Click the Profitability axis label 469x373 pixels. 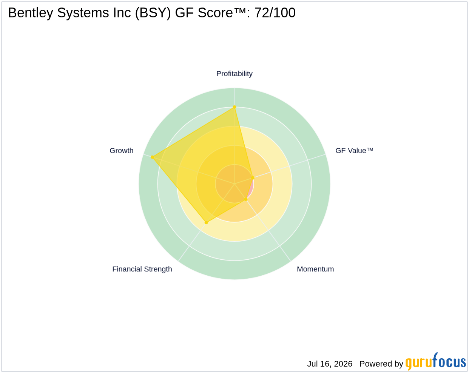[x=234, y=74]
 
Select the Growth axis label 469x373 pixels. [x=121, y=151]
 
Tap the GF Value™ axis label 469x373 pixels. [x=354, y=151]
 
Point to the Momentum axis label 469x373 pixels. [x=315, y=269]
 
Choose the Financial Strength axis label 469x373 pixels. [x=142, y=269]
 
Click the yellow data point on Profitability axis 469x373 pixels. [x=234, y=107]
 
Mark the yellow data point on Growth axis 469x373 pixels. [x=152, y=157]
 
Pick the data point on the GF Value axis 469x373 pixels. [x=253, y=178]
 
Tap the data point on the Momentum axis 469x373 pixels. [x=246, y=199]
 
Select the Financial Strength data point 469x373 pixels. [x=206, y=222]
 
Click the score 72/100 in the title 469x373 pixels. [x=275, y=12]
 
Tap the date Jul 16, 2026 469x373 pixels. [x=330, y=364]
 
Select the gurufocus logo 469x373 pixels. [x=435, y=361]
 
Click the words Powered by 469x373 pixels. [x=381, y=364]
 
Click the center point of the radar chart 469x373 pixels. [x=234, y=183]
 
